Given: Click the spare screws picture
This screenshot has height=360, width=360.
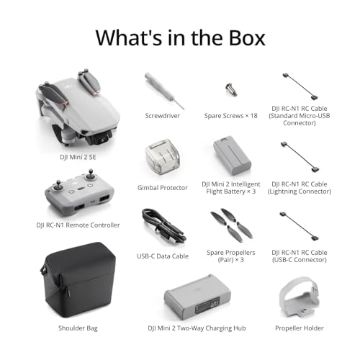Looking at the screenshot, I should click(x=231, y=90).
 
